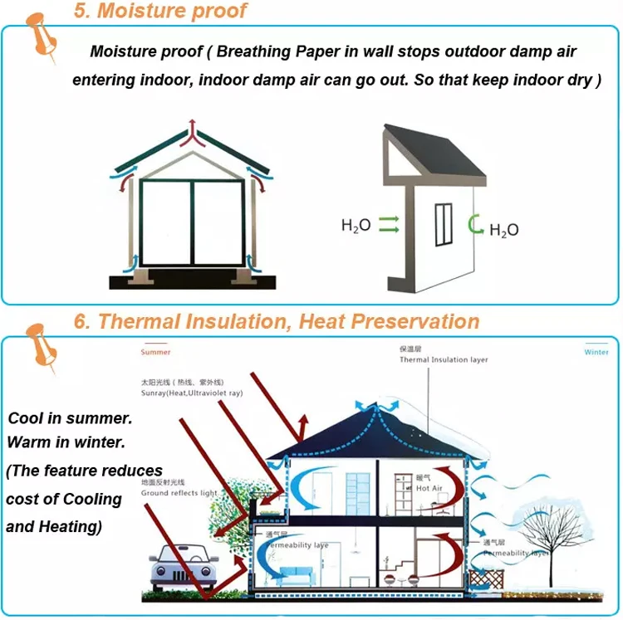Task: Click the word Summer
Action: pyautogui.click(x=155, y=352)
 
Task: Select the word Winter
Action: pyautogui.click(x=596, y=352)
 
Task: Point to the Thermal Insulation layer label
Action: pyautogui.click(x=444, y=360)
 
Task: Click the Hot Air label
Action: pyautogui.click(x=428, y=489)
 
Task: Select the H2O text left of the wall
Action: pyautogui.click(x=356, y=225)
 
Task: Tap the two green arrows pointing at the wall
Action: pyautogui.click(x=388, y=224)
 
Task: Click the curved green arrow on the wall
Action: pyautogui.click(x=474, y=223)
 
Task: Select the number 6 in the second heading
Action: pyautogui.click(x=81, y=321)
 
